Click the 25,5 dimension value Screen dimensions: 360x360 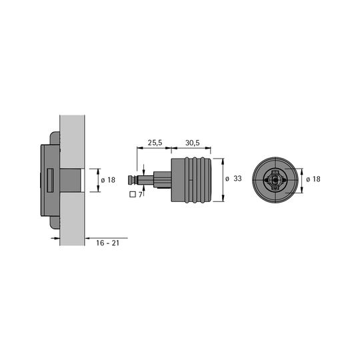155,143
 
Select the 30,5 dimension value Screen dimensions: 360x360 193,143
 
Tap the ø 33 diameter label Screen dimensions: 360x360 233,179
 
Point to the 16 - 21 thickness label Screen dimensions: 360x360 108,243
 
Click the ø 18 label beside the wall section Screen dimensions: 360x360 108,180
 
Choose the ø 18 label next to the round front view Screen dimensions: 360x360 313,179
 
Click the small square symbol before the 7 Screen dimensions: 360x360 133,195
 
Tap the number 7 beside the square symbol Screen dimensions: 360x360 140,195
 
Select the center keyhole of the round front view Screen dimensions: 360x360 275,180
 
